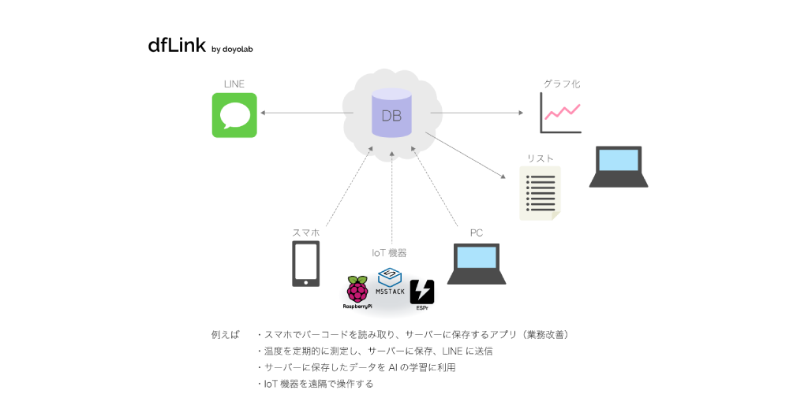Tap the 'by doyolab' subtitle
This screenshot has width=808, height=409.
pos(232,50)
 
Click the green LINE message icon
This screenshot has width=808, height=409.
pos(234,115)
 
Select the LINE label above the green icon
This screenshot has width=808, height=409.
pos(234,84)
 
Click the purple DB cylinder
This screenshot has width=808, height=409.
pos(391,115)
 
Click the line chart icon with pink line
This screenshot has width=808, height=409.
pos(560,113)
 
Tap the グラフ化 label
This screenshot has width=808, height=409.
pos(562,84)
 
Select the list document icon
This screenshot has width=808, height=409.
pos(541,193)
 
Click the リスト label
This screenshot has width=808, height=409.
pos(541,158)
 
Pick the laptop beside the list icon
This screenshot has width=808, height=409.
pos(619,166)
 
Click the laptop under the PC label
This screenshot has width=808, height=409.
pos(477,264)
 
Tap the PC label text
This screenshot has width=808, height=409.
pos(477,232)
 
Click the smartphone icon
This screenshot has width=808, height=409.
pos(306,264)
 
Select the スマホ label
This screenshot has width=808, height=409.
pos(306,232)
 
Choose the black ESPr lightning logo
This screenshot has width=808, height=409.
pos(421,292)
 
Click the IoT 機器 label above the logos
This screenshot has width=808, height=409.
pos(389,253)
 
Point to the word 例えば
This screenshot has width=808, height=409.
pos(225,334)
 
